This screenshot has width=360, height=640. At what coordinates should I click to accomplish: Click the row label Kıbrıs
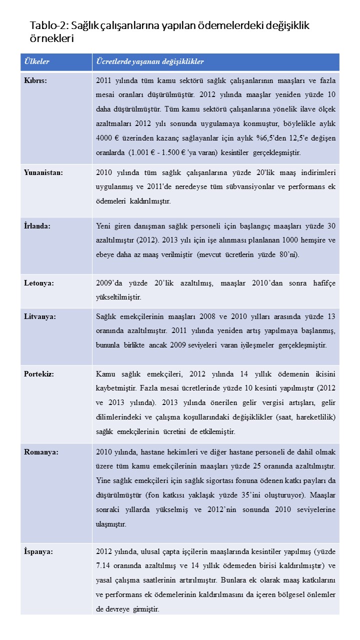(x=35, y=81)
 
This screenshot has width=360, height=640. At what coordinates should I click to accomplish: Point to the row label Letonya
(x=39, y=282)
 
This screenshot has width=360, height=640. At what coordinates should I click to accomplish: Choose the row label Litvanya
(x=40, y=316)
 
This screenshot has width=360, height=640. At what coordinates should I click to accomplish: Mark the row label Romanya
(x=41, y=452)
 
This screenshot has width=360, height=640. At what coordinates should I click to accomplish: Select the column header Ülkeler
(x=36, y=62)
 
